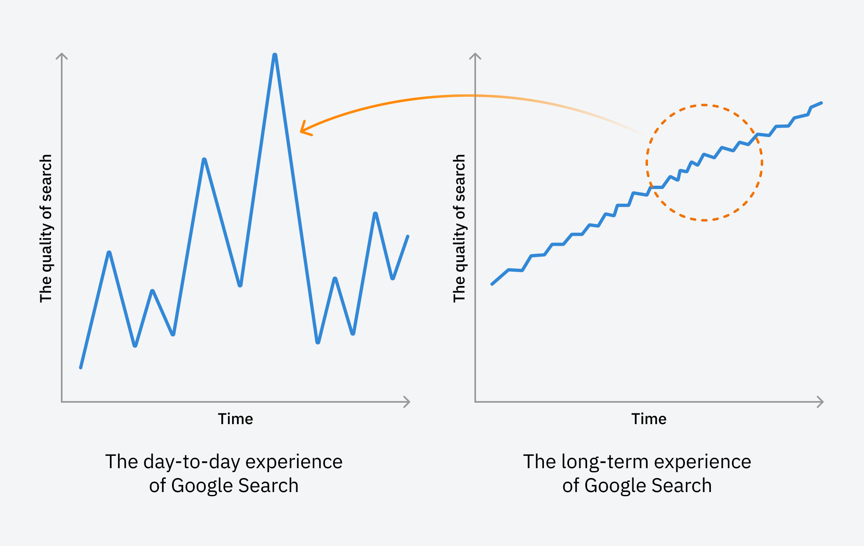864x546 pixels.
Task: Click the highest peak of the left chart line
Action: pyautogui.click(x=274, y=56)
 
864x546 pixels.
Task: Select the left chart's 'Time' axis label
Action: pyautogui.click(x=235, y=419)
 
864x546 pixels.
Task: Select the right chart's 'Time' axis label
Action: pyautogui.click(x=649, y=419)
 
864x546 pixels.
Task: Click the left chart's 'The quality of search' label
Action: pyautogui.click(x=46, y=229)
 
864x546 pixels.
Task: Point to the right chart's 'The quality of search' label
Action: pyautogui.click(x=459, y=229)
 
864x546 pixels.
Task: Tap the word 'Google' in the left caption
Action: pyautogui.click(x=202, y=485)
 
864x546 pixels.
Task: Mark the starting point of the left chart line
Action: pyautogui.click(x=81, y=367)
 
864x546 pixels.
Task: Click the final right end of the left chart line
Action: pyautogui.click(x=408, y=236)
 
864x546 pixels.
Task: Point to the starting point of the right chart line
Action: pyautogui.click(x=492, y=284)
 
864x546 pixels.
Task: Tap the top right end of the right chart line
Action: pyautogui.click(x=821, y=103)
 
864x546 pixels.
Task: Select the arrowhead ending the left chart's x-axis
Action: pyautogui.click(x=408, y=402)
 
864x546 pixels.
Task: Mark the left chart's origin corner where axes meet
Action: pyautogui.click(x=62, y=402)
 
